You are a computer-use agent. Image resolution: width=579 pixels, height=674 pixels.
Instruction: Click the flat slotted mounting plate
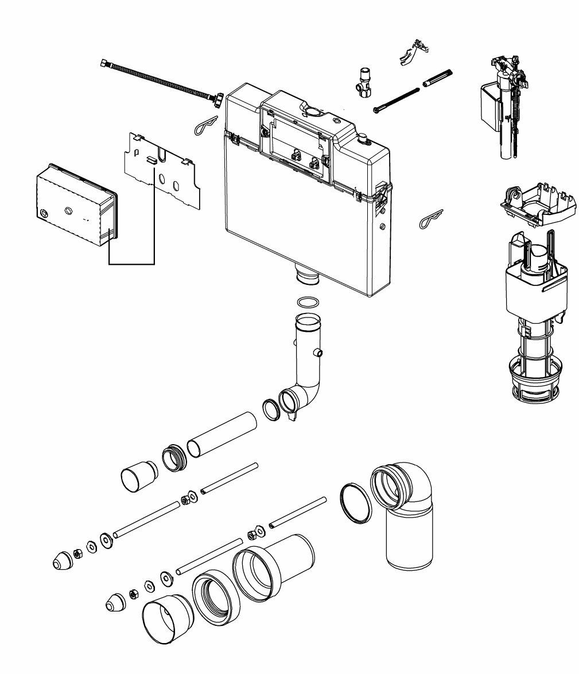pos(163,168)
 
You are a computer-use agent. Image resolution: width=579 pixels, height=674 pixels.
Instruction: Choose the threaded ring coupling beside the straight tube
pos(175,458)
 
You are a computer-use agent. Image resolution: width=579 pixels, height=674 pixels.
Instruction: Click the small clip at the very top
pos(414,52)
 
